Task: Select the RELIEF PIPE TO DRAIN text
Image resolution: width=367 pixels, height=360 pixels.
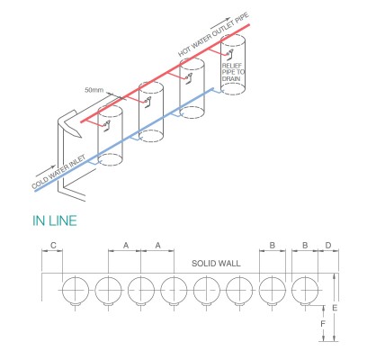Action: tap(233, 70)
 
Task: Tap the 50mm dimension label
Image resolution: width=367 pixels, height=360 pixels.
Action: tap(94, 90)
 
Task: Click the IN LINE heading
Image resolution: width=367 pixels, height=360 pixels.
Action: tap(54, 220)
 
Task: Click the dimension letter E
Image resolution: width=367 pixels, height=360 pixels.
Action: tap(336, 308)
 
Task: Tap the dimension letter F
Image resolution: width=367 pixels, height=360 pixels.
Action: tap(323, 322)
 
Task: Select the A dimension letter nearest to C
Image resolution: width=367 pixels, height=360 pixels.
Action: tap(125, 245)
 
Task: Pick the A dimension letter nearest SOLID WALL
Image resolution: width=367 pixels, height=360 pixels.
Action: tap(157, 245)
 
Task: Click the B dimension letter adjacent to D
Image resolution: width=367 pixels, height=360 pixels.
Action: tap(305, 245)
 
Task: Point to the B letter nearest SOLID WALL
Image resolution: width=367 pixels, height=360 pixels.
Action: tap(273, 245)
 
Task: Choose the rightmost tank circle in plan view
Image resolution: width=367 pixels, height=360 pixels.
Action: tap(305, 291)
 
